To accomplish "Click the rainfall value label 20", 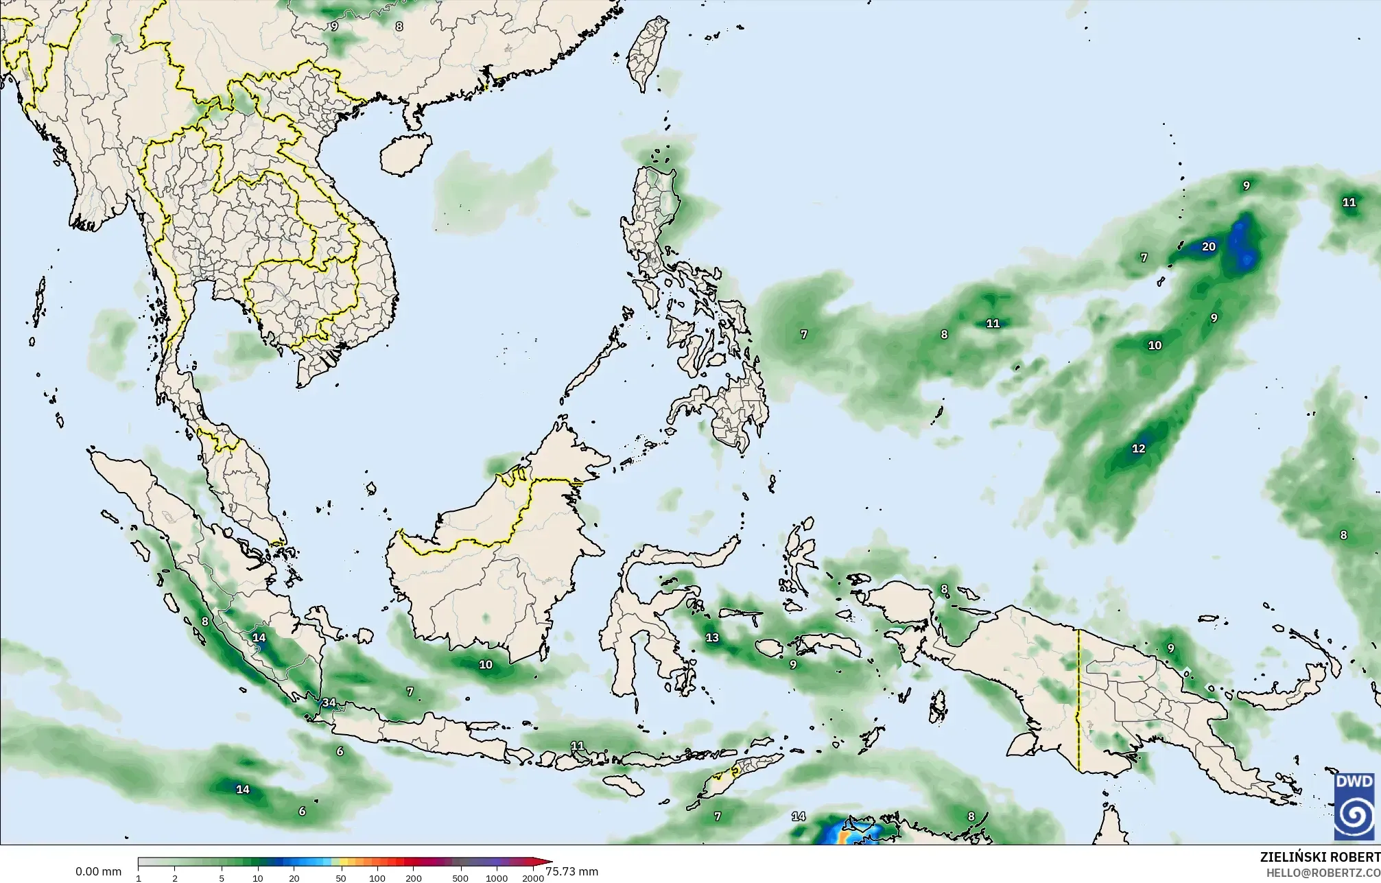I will pos(1209,247).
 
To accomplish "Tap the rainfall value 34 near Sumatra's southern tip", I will pos(329,702).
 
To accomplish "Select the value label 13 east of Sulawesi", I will pos(713,638).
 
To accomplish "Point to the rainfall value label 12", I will pos(1139,449).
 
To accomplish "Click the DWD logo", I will pos(1354,807).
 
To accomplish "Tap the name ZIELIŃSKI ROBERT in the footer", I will pos(1319,858).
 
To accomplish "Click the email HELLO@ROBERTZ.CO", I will pos(1323,873).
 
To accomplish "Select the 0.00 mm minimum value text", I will pos(98,872).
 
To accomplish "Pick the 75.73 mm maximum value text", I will pos(572,872).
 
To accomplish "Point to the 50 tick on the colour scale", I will pos(341,878).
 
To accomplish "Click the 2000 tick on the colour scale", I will pos(532,878).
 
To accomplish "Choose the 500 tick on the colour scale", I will pos(460,878).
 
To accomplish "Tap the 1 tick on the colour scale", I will pos(139,878).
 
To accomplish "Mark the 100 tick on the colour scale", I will pos(377,878).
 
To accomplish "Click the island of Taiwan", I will pos(649,51).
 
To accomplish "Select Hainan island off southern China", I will pos(405,153).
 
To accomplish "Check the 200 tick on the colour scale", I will pos(414,878).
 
